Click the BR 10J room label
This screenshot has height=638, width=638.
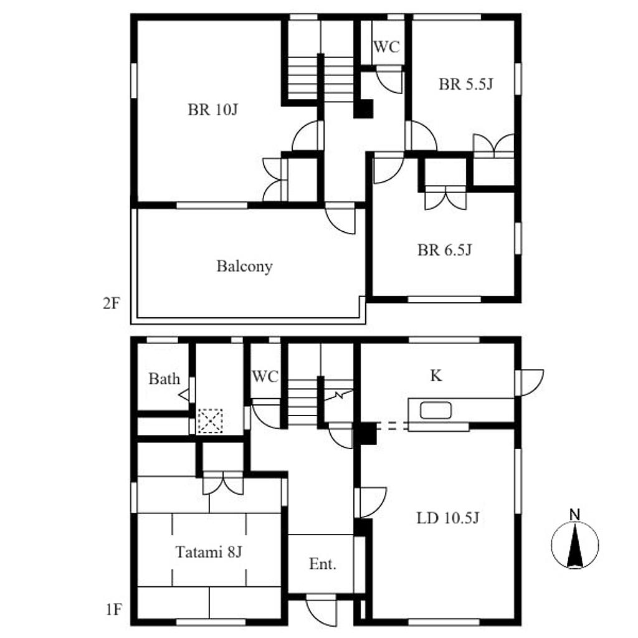coord(213,110)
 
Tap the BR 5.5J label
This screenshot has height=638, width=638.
coord(466,84)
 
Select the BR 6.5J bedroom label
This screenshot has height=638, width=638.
coord(445,250)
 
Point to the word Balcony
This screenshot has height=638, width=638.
coord(244,267)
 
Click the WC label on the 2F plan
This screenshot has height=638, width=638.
coord(386,47)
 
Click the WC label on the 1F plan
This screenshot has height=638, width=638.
coord(265,376)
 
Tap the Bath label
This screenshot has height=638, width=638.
coord(164,379)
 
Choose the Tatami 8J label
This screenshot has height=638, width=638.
coord(209,552)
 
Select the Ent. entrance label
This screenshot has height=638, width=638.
coord(323,564)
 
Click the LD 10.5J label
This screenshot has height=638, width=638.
coord(448,518)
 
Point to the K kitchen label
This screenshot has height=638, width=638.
coord(436,376)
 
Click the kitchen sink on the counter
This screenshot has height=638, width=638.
coord(436,410)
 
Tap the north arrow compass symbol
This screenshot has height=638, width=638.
coord(575,545)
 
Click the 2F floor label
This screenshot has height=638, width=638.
coord(111,303)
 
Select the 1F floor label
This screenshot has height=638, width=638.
coord(113,609)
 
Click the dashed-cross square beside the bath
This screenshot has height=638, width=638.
coord(210,421)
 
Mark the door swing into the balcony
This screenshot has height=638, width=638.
coord(341,220)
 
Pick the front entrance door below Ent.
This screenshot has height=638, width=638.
coord(321,611)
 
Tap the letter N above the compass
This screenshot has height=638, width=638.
coord(574,515)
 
